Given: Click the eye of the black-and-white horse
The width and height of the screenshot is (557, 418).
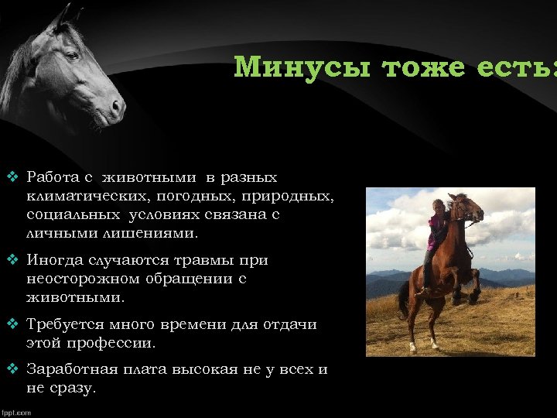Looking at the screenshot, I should tap(71, 57).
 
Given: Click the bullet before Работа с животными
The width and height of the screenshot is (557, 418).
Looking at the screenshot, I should tap(12, 177).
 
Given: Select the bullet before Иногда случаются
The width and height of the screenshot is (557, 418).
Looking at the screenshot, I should tap(12, 261).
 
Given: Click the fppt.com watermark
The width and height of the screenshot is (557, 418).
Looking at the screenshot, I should tap(16, 413).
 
